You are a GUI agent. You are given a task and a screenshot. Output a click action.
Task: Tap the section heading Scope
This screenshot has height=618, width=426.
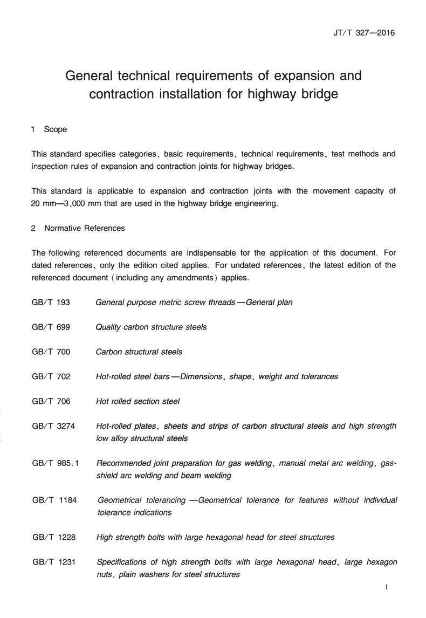(x=56, y=129)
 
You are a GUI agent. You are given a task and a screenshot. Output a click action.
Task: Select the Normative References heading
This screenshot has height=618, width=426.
(x=84, y=228)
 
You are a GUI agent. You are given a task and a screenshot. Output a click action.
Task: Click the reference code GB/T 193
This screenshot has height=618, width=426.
(x=51, y=302)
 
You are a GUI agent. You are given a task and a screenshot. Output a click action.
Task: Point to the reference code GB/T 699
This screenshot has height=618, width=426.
(x=51, y=327)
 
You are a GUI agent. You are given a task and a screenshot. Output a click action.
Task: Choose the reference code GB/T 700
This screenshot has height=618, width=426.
(x=51, y=352)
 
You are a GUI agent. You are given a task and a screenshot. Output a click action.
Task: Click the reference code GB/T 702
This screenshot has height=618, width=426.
(x=51, y=376)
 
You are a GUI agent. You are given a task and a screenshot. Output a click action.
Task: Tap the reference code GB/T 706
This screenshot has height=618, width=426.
(x=51, y=401)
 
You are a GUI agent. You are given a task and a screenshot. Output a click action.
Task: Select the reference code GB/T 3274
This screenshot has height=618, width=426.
(x=53, y=426)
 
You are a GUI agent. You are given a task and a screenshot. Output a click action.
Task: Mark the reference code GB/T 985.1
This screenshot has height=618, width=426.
(x=56, y=463)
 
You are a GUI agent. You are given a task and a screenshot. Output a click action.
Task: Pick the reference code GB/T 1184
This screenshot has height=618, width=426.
(x=54, y=500)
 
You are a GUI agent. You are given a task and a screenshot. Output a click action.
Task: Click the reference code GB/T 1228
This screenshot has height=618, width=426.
(x=53, y=537)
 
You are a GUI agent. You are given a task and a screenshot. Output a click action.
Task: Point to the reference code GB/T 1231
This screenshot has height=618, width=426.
(x=53, y=562)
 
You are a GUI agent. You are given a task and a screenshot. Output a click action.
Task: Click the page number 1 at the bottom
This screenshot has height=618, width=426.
(x=387, y=587)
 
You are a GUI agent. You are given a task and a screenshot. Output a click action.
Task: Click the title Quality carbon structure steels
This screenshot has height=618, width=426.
(x=151, y=327)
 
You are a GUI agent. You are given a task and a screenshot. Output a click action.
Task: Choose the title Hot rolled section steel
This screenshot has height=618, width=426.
(x=138, y=401)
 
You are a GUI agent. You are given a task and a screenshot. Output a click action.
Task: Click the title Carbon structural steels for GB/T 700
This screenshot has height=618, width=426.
(x=139, y=352)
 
